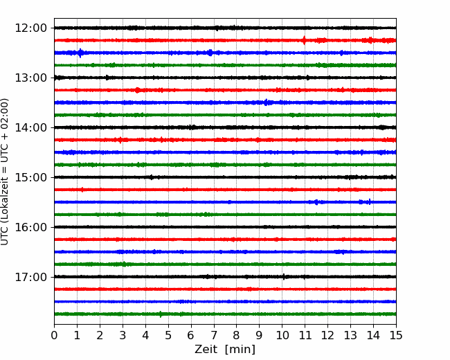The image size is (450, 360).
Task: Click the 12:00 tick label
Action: click(x=30, y=28)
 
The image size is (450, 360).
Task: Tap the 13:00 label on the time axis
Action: click(x=30, y=78)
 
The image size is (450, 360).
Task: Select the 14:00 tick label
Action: click(x=30, y=127)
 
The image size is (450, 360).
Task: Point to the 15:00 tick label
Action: click(x=30, y=177)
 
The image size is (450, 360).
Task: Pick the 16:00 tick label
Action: click(x=30, y=227)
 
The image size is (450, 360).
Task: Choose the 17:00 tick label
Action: click(x=30, y=277)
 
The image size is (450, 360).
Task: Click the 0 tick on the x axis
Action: click(x=54, y=335)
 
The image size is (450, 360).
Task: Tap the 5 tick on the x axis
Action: click(x=168, y=335)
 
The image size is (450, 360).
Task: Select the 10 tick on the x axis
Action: click(x=282, y=335)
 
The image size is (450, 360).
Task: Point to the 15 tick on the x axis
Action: click(x=396, y=335)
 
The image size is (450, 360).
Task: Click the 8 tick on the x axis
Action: click(x=237, y=335)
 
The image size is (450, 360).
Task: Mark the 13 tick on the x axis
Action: click(x=350, y=335)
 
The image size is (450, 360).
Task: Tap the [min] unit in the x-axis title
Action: click(x=240, y=350)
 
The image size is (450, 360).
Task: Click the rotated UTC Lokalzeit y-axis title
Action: click(x=4, y=172)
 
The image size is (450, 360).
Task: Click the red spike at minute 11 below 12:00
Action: click(x=304, y=40)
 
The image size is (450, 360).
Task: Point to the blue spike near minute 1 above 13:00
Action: click(x=80, y=53)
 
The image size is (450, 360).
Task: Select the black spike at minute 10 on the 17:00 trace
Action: click(x=284, y=277)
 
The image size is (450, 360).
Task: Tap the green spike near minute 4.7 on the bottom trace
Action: click(x=161, y=314)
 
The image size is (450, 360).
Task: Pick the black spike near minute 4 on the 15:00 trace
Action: click(x=151, y=177)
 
